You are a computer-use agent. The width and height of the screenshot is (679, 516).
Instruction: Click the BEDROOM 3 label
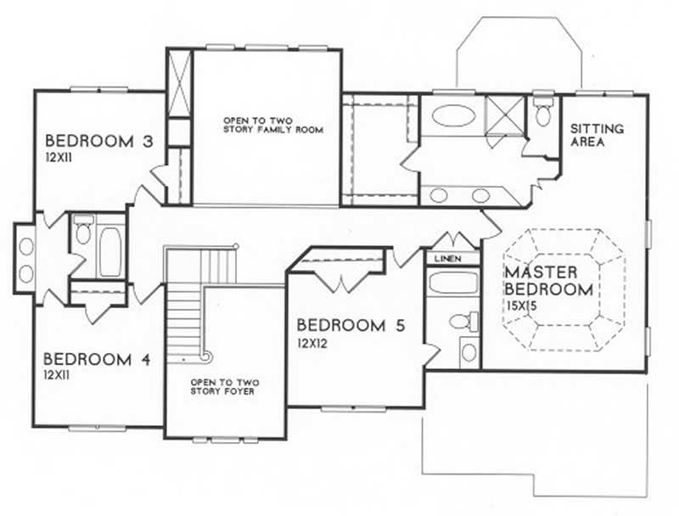98,140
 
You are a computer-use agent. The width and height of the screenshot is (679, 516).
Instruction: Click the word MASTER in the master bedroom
541,272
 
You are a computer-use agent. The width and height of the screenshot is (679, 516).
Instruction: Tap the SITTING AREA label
597,136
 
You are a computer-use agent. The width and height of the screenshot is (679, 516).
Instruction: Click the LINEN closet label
447,257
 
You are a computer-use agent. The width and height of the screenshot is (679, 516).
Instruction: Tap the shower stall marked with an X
500,112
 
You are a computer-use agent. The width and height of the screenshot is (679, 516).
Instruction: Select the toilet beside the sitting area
543,113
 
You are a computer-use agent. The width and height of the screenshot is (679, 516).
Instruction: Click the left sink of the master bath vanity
439,195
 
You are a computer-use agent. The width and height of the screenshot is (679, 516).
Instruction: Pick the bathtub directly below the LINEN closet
453,283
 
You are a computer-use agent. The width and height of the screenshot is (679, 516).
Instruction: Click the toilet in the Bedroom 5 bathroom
462,322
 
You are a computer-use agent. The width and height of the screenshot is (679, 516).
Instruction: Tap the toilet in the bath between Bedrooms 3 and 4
83,233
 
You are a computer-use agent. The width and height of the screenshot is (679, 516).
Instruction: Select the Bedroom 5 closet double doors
340,279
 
